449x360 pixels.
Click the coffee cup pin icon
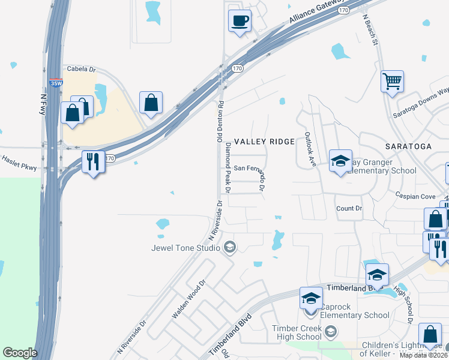pos(240,21)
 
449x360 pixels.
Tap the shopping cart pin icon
pos(392,81)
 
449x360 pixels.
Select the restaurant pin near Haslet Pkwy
pos(93,161)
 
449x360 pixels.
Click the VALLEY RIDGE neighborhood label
pos(264,142)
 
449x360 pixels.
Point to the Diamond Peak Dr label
pos(228,167)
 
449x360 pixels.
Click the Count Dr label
pos(349,208)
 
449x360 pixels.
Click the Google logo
pos(20,353)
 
